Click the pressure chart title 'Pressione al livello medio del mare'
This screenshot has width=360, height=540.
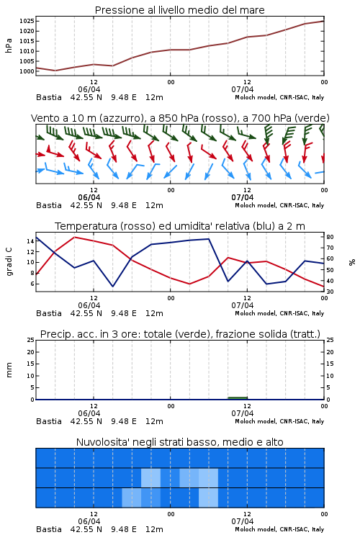point(179,10)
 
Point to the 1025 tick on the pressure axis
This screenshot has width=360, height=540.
point(27,21)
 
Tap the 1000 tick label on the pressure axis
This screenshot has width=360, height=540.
point(27,71)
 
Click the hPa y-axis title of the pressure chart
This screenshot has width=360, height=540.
point(9,46)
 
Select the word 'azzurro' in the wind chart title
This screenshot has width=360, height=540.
point(120,118)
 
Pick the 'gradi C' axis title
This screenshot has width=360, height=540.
point(9,261)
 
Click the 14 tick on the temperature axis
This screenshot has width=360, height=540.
point(30,241)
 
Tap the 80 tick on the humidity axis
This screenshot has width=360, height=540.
point(330,237)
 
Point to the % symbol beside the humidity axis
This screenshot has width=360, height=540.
point(352,262)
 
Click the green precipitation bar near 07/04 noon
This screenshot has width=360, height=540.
point(238,398)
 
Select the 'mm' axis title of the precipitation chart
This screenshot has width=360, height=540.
point(9,370)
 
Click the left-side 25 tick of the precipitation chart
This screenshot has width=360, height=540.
point(30,340)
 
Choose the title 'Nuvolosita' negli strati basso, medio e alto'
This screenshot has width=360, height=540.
point(179,442)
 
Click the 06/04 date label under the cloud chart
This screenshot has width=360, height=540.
point(89,521)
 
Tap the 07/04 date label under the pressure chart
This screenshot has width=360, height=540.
point(242,89)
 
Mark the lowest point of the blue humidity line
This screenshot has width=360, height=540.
point(112,286)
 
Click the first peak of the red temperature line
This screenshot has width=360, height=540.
point(74,237)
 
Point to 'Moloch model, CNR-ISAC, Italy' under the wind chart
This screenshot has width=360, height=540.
point(279,205)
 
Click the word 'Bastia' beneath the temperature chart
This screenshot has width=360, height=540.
point(49,313)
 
